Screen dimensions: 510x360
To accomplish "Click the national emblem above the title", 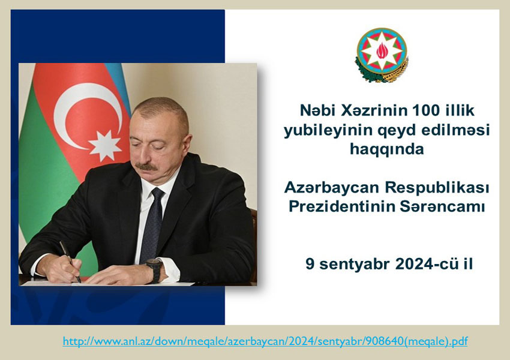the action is (382, 55).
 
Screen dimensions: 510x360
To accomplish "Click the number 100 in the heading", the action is (423, 110).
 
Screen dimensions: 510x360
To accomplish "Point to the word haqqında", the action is (387, 149).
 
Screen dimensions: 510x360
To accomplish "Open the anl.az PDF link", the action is (265, 341).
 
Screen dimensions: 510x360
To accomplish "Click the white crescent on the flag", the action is (78, 115).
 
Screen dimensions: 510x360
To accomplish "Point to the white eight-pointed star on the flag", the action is (105, 146).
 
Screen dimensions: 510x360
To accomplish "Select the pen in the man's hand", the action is (70, 262).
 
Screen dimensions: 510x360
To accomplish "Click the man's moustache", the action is (146, 167).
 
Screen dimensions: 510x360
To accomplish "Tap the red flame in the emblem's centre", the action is (382, 51).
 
